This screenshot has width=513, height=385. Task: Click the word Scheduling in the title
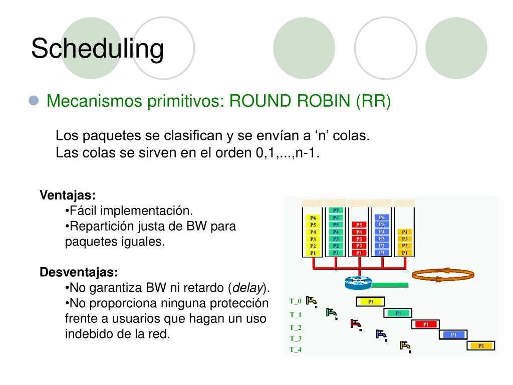click(x=97, y=49)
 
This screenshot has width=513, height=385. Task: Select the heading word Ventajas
click(x=68, y=195)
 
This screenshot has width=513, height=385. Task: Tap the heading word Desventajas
click(x=79, y=273)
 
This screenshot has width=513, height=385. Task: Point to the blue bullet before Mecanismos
click(x=34, y=101)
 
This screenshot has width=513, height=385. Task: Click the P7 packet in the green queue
click(x=336, y=210)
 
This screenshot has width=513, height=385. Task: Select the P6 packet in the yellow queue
click(x=313, y=218)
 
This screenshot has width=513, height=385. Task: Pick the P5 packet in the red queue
click(x=359, y=225)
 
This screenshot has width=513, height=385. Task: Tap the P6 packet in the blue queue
click(x=382, y=218)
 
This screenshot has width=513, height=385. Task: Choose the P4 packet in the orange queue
click(x=405, y=232)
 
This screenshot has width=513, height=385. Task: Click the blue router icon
click(x=357, y=283)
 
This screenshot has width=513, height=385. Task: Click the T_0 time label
click(x=296, y=301)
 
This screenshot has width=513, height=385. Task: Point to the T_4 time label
click(x=296, y=349)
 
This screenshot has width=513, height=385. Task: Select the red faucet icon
click(x=356, y=324)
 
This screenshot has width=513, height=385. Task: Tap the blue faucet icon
click(x=381, y=334)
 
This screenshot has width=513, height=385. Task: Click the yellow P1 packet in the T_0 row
click(x=370, y=301)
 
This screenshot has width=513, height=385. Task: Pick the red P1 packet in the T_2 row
click(x=425, y=324)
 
